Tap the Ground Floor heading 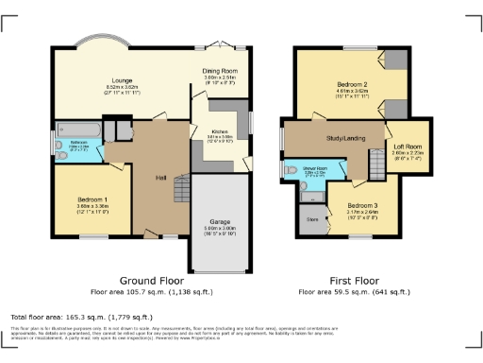(149, 281)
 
